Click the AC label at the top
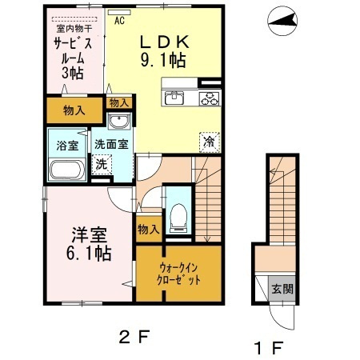pyautogui.click(x=119, y=22)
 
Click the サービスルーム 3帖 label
pyautogui.click(x=74, y=58)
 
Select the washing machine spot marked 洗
pyautogui.click(x=102, y=164)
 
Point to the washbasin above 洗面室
pyautogui.click(x=119, y=122)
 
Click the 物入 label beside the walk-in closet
pyautogui.click(x=148, y=229)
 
